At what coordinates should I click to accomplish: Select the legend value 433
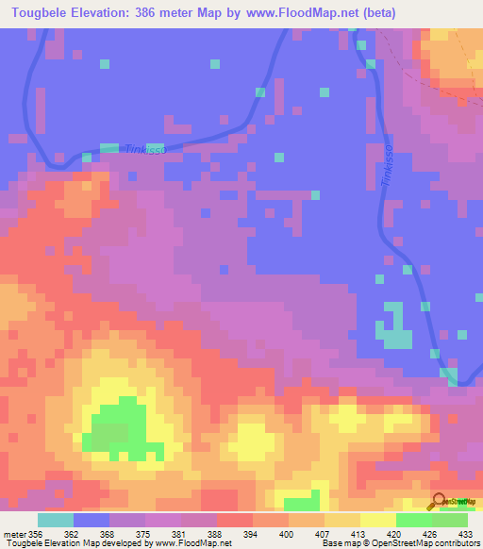pyautogui.click(x=466, y=535)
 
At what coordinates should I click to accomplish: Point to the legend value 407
pyautogui.click(x=307, y=535)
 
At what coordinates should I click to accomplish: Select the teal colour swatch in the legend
pyautogui.click(x=56, y=520)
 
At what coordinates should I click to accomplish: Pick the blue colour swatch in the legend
pyautogui.click(x=92, y=520)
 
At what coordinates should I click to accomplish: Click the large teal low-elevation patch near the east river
pyautogui.click(x=394, y=330)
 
